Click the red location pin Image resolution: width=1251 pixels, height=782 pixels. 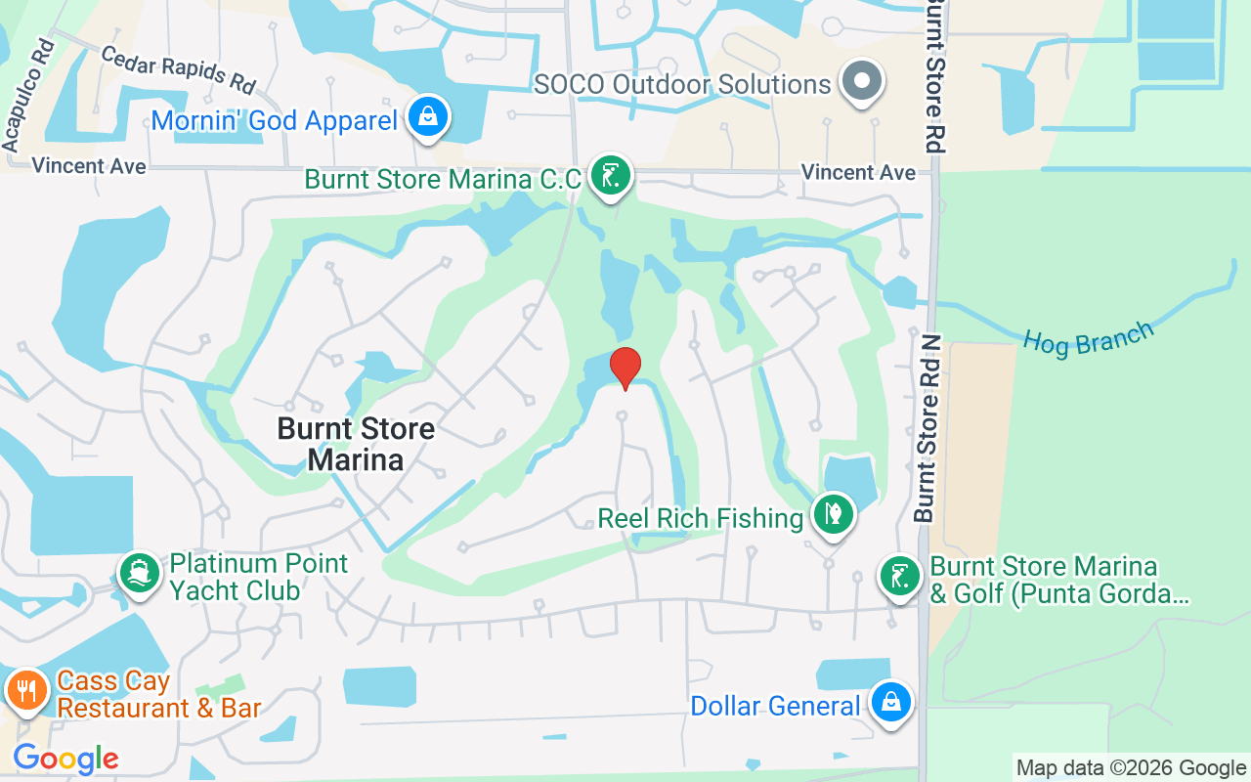coord(625,369)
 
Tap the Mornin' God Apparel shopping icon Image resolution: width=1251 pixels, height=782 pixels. coord(428,116)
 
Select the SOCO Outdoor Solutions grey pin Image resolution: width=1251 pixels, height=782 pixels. coord(863,82)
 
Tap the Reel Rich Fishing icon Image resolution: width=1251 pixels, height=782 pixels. coord(833,514)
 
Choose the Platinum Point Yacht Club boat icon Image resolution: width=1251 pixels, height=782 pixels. coord(139,573)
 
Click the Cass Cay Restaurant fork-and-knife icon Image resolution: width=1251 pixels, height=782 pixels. coord(25,690)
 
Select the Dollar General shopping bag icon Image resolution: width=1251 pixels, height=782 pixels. coord(890,702)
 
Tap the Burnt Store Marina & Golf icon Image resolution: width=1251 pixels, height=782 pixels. coord(899,576)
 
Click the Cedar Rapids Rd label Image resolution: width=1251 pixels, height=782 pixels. coord(177,68)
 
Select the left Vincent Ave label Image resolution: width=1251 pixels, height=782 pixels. coord(89,166)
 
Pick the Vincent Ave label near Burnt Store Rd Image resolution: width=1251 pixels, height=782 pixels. coord(858,172)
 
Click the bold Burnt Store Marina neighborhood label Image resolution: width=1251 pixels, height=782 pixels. coord(356,444)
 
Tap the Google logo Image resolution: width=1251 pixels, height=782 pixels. coord(65,758)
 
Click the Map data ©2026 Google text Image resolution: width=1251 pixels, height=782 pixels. coord(1131,768)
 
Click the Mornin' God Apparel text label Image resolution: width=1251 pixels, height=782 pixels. coord(275,121)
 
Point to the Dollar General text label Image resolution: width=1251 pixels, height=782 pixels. coord(775,705)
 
